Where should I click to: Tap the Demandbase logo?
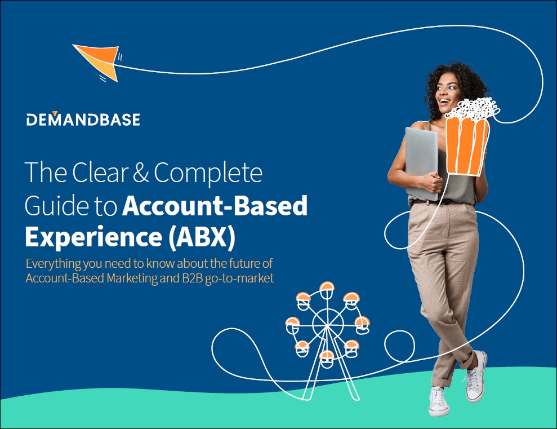83,119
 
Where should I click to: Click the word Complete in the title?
208,173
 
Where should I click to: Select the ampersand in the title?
141,172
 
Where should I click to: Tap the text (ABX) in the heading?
202,237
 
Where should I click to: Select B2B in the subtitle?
192,278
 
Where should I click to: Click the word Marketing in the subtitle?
132,278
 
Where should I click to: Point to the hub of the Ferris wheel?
327,325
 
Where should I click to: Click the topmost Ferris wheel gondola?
327,290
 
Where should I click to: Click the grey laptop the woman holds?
422,163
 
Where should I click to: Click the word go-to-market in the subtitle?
239,278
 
